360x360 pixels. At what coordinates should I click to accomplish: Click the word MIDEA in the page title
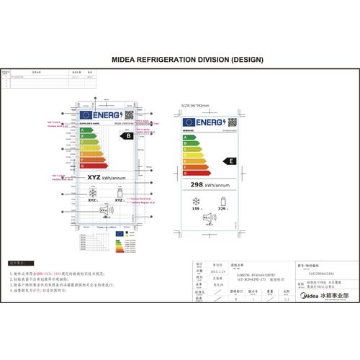coord(127,59)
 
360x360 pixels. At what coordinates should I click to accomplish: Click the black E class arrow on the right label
coord(230,161)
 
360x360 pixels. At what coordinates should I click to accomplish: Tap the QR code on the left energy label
coord(129,114)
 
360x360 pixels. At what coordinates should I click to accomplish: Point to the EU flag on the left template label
coord(87,114)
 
